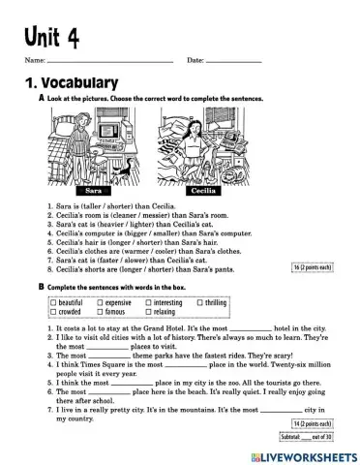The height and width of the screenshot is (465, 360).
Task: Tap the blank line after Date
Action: (234, 62)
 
